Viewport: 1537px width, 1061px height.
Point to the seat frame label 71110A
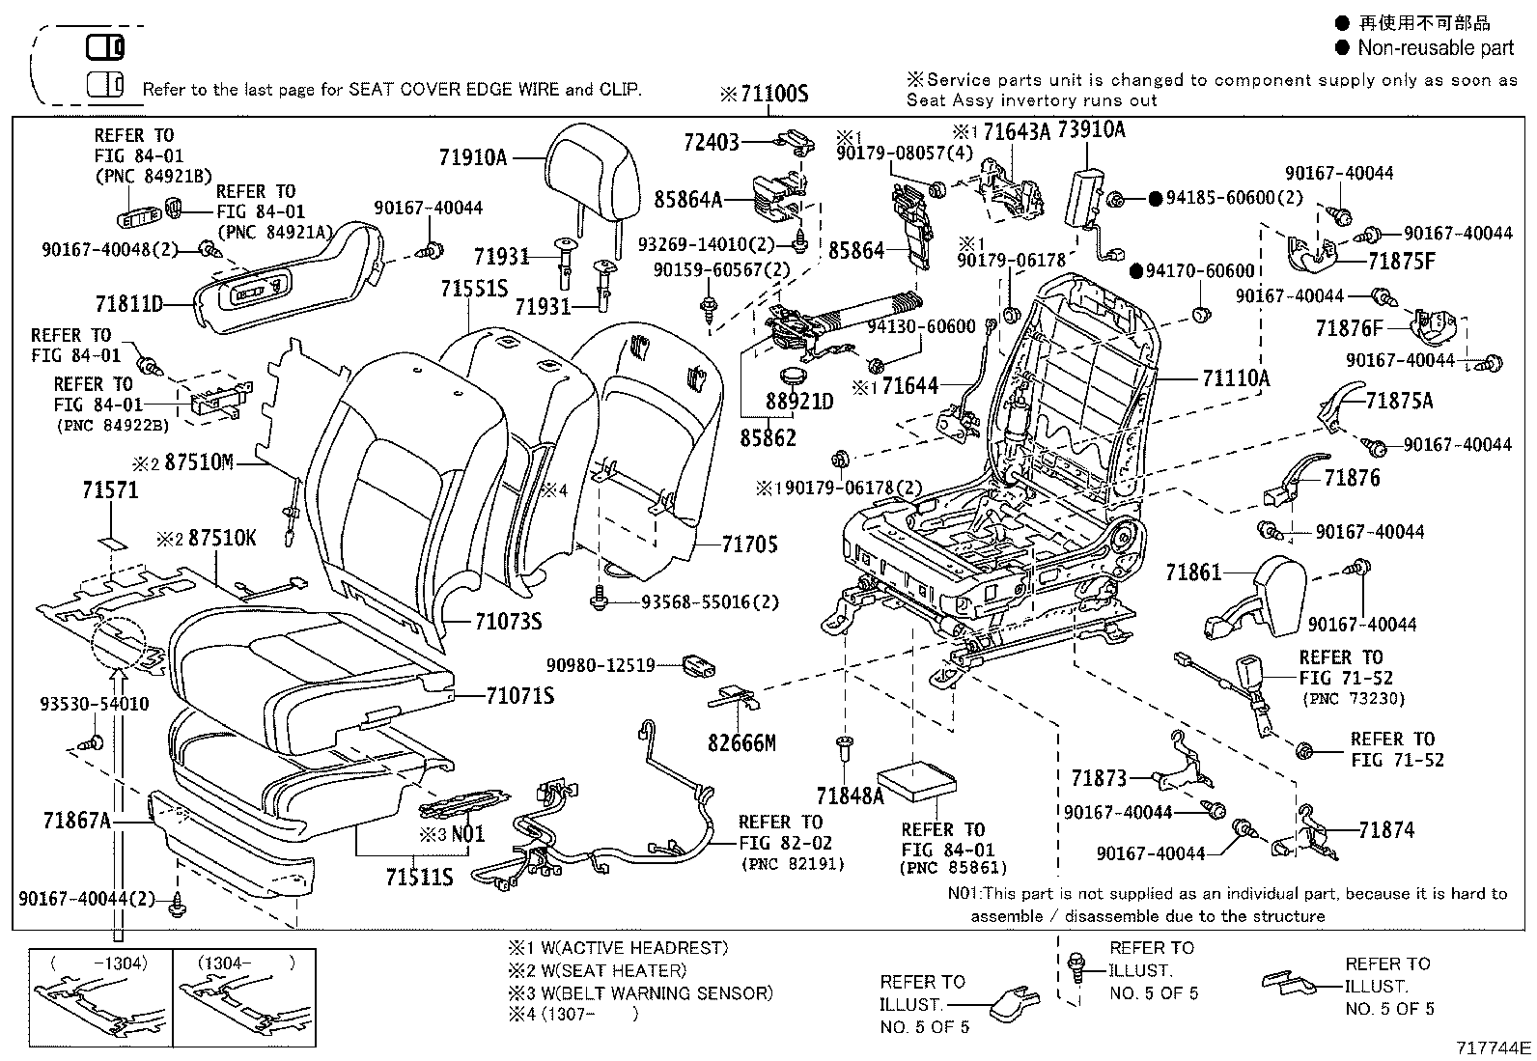1236,378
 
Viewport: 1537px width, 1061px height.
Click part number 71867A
77,821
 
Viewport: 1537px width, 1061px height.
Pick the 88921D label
799,401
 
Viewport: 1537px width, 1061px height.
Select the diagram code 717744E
1494,1047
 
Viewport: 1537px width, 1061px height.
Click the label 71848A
850,796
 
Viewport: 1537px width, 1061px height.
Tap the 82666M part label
741,743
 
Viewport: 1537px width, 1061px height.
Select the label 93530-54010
95,704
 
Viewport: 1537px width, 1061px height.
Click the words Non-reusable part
1436,47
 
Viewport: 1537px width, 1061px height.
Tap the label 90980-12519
601,665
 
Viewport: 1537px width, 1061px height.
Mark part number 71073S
508,622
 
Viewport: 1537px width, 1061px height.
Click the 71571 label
110,490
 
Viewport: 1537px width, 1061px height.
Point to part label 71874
1385,830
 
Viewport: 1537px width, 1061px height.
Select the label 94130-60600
921,327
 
